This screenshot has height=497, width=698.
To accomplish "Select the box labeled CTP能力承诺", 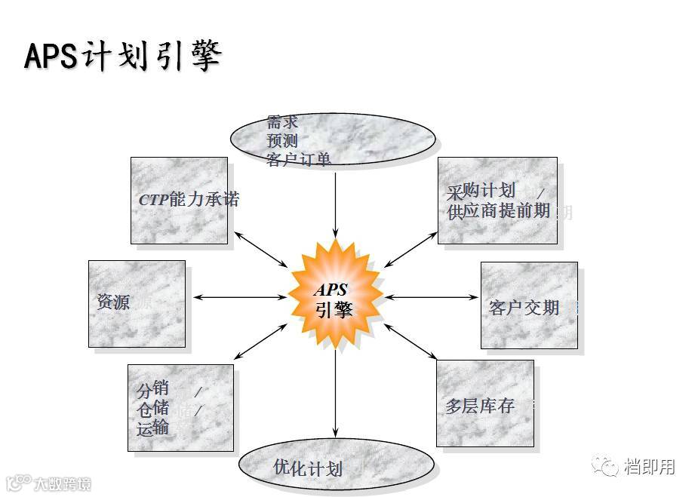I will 179,201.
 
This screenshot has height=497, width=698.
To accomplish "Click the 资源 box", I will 137,304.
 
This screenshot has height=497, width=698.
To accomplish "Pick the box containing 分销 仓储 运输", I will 180,408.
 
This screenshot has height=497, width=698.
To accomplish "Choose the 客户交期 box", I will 529,305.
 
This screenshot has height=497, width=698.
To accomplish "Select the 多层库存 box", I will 485,403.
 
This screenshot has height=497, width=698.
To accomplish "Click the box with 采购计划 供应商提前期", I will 497,201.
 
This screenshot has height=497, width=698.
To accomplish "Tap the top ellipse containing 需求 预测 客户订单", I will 333,140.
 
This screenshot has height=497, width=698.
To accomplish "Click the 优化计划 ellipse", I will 337,467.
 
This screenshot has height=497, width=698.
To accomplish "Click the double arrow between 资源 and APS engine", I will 240,297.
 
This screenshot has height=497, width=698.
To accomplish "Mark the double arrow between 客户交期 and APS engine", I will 431,297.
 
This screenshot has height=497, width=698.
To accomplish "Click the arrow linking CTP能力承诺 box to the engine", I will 260,250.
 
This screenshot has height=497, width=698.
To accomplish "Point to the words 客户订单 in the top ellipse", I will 299,159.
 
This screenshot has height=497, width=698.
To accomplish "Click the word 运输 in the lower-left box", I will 153,428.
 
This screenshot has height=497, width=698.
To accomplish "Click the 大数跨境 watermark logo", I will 48,483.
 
